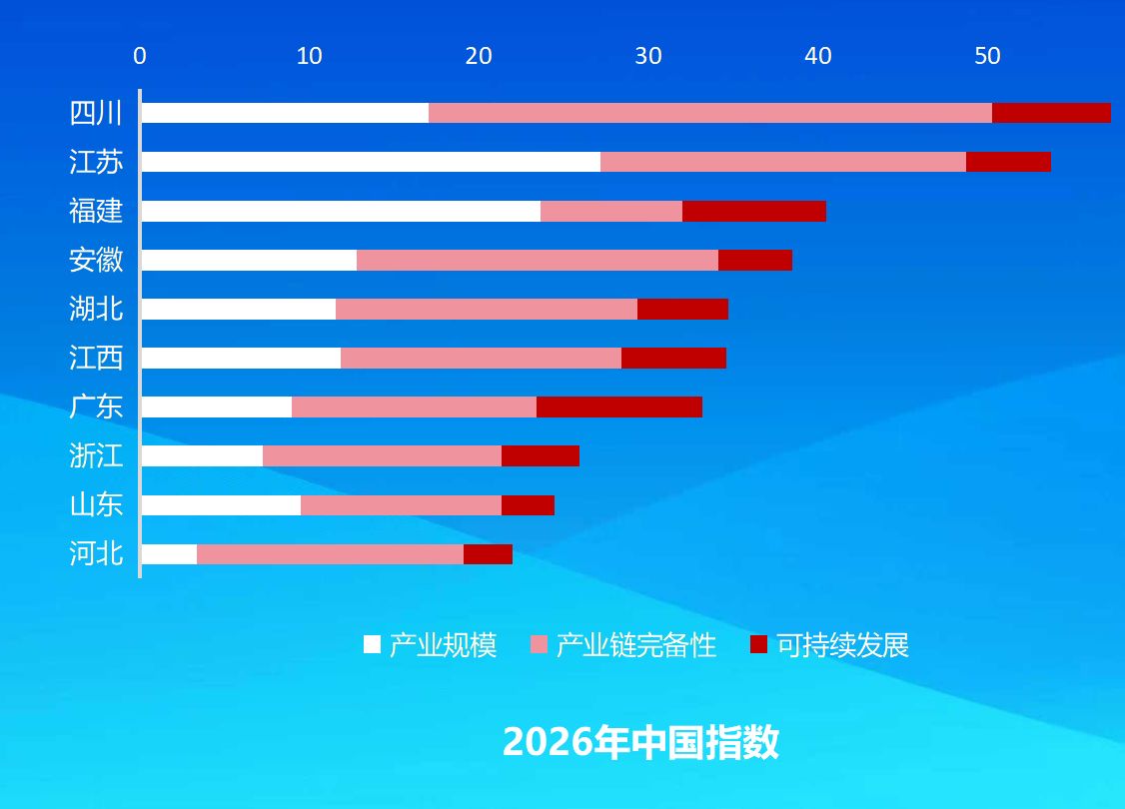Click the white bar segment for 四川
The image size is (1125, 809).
(x=285, y=113)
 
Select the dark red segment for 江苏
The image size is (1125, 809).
(x=1008, y=162)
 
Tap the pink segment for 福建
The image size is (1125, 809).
(x=611, y=211)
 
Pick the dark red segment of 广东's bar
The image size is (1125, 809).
(x=619, y=406)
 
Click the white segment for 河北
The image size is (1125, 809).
(x=169, y=553)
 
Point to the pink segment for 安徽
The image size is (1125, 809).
(x=538, y=260)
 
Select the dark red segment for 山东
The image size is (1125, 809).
(x=528, y=505)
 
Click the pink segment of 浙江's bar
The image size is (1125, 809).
(x=382, y=455)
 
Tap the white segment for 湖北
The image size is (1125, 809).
(x=238, y=309)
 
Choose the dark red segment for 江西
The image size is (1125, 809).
(x=673, y=358)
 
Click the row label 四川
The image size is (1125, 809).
(x=96, y=113)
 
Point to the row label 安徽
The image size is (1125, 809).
(x=96, y=260)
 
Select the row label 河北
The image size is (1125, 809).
(x=96, y=553)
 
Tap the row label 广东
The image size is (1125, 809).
(x=96, y=406)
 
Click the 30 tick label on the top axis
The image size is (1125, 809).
(x=647, y=56)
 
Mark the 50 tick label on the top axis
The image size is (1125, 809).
(x=987, y=56)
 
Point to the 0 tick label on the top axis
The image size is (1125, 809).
(x=140, y=56)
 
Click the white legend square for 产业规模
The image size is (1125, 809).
(x=372, y=644)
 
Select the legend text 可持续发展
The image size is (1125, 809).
(x=843, y=645)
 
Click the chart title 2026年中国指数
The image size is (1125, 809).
(x=640, y=741)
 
